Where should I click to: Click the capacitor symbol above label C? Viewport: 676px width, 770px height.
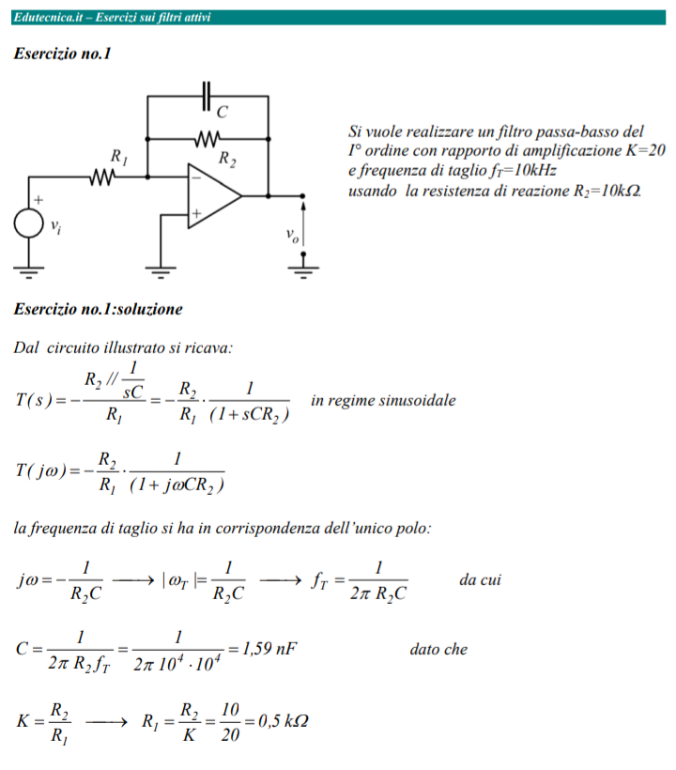point(207,96)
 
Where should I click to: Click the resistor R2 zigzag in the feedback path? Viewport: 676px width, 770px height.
point(207,139)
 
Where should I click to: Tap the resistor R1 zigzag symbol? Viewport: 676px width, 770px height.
point(102,177)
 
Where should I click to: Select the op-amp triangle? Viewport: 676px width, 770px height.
point(214,196)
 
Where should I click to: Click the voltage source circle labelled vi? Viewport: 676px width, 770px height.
point(28,223)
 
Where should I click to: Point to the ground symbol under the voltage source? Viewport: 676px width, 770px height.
point(28,272)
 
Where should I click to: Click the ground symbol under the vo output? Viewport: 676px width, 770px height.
point(303,272)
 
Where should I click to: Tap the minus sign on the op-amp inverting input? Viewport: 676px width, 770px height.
point(196,177)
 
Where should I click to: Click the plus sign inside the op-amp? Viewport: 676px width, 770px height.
point(196,213)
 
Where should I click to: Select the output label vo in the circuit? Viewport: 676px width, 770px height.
point(292,235)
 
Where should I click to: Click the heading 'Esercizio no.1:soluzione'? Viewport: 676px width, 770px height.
point(99,309)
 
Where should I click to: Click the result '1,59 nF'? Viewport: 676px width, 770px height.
point(269,649)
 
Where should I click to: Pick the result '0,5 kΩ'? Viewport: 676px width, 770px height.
point(284,721)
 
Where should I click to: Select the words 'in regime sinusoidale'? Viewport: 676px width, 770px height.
point(383,400)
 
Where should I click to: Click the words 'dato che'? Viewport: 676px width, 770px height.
point(438,649)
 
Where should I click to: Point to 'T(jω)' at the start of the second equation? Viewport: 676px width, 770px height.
point(40,471)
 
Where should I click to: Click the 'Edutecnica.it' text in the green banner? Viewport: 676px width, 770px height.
point(48,17)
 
